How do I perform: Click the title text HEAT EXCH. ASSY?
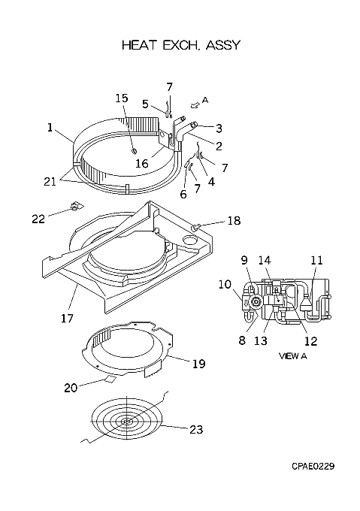pos(181,45)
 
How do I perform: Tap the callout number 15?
pos(122,98)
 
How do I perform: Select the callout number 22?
pos(38,219)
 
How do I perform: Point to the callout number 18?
pos(234,221)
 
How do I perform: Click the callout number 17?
pos(68,318)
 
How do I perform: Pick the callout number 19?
pos(198,364)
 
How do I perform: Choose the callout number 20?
pos(71,388)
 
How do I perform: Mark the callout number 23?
pos(196,430)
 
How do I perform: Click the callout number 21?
pos(50,182)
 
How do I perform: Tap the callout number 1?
pos(50,128)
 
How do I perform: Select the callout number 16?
pos(142,163)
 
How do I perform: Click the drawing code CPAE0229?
pos(313,467)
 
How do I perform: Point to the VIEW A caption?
pos(293,356)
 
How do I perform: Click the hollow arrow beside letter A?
pos(195,104)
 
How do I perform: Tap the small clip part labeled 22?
pos(76,206)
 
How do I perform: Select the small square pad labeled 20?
pos(110,378)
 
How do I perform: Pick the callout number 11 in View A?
pos(316,261)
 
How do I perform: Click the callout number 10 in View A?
pos(225,284)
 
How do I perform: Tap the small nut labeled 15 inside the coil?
pos(134,150)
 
